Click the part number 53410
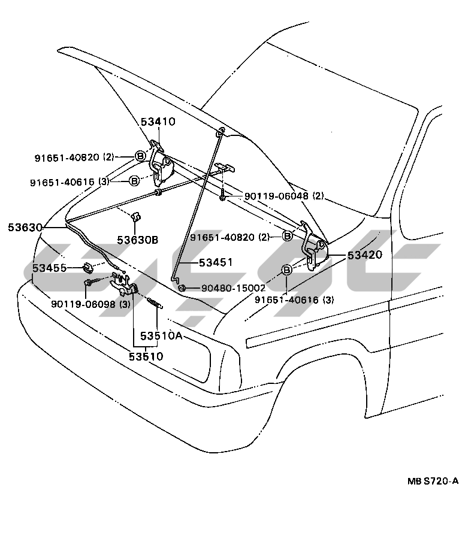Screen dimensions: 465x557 (x=158, y=122)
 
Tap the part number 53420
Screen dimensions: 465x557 (x=365, y=255)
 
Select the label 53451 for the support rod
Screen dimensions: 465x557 (x=216, y=262)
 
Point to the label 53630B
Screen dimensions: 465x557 (x=138, y=240)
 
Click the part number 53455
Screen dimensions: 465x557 (x=49, y=268)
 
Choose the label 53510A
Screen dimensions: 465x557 (x=161, y=335)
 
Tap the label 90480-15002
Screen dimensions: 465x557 (x=233, y=287)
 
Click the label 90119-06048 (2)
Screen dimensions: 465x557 (x=283, y=196)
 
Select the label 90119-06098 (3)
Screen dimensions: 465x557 (x=90, y=304)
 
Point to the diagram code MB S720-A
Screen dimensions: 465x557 (x=433, y=482)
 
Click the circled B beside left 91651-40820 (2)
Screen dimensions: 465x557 (x=140, y=156)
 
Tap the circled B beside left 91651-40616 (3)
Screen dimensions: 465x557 (x=134, y=181)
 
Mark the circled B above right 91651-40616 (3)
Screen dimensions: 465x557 (x=286, y=270)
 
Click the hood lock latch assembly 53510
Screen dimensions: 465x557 (x=123, y=284)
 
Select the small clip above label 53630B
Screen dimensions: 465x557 (x=136, y=217)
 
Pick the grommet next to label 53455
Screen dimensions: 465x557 (x=87, y=268)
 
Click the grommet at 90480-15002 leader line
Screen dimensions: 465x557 (x=182, y=287)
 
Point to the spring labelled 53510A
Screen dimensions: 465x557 (x=155, y=303)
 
